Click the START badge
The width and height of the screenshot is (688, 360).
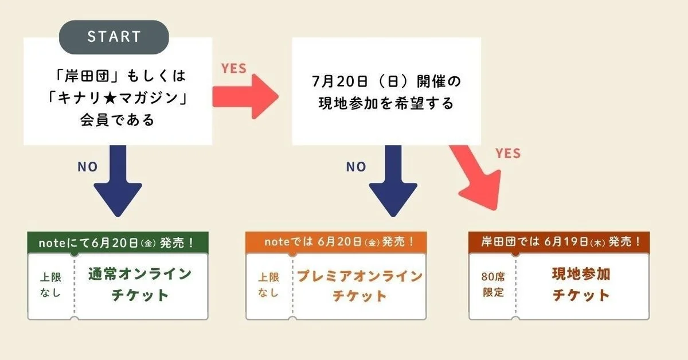[x=114, y=37]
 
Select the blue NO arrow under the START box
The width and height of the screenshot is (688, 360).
[x=118, y=180]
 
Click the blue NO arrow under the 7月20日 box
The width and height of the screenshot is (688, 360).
[x=393, y=180]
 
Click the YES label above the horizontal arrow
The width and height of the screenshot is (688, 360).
[x=234, y=68]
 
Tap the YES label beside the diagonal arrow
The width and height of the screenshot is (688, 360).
[x=508, y=153]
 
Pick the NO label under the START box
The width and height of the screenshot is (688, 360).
[x=88, y=167]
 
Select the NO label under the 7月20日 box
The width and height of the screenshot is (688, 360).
[x=355, y=167]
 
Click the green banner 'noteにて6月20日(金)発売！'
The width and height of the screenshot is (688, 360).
[x=118, y=241]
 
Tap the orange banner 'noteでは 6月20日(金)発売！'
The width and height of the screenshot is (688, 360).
[x=335, y=241]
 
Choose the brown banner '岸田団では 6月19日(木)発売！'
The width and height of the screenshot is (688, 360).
[x=559, y=241]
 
